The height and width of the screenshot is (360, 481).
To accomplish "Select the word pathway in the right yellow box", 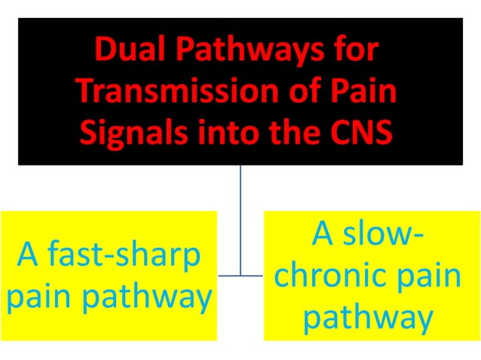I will point(368,317).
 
